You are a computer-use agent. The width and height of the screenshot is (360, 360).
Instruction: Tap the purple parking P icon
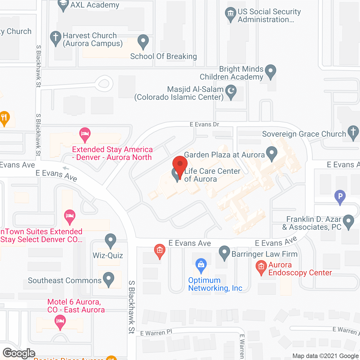point(340,196)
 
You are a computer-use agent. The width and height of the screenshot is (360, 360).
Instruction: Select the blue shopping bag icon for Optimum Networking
point(201,265)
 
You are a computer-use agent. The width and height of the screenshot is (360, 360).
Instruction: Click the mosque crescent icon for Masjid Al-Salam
point(231,92)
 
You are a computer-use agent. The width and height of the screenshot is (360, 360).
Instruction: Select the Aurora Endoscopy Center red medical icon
point(261,266)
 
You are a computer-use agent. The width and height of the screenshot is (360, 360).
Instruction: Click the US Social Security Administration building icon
point(231,13)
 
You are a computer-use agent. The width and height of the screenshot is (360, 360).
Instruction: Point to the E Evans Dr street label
point(204,124)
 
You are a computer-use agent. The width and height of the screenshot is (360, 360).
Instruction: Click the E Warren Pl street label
point(156,333)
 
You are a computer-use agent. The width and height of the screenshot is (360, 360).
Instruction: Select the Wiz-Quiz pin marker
point(110,240)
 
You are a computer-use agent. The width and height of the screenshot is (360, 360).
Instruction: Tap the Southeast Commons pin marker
point(109,278)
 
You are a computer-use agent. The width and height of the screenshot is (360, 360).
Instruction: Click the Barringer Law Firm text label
point(264,254)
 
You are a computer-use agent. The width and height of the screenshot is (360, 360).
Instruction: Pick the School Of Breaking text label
point(163,56)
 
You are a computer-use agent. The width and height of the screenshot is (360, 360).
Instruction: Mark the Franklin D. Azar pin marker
point(348,221)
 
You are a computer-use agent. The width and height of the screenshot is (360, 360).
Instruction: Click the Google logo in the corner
point(19,353)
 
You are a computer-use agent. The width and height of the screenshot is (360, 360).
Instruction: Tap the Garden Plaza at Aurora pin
point(271,153)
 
